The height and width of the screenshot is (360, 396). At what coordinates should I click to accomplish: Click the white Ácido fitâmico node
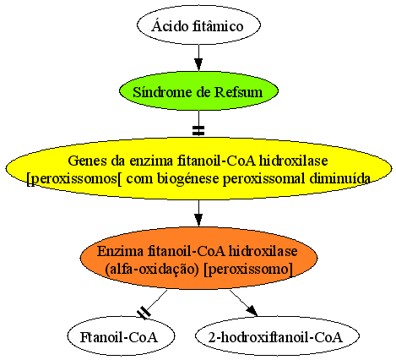[198, 25]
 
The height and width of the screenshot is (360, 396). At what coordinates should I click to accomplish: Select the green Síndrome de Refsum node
[198, 91]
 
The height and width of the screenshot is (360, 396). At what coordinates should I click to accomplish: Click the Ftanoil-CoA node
[121, 336]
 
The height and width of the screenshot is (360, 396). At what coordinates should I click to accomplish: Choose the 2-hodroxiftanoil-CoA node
[277, 336]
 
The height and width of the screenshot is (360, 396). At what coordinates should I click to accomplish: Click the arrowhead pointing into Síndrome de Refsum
[198, 65]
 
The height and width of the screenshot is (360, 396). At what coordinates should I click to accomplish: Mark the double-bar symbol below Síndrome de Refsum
[198, 130]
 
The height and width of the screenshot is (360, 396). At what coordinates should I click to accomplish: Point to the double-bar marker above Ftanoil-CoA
[144, 313]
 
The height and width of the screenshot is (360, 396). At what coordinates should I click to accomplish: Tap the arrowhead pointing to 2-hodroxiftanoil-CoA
[252, 311]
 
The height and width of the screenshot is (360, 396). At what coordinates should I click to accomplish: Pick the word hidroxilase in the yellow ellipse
[293, 161]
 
